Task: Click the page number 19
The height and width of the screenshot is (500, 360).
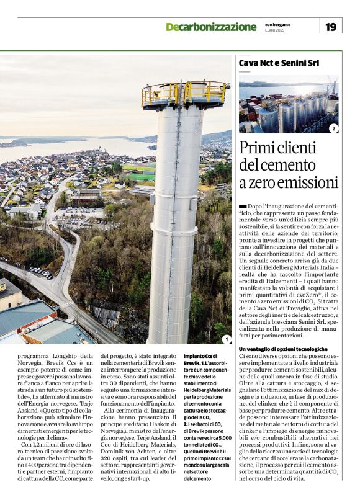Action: tap(330, 26)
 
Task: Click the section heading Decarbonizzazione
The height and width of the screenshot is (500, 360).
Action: tap(210, 27)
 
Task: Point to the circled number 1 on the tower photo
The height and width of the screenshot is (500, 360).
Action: tap(226, 339)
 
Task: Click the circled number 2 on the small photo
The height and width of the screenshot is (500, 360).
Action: tap(333, 128)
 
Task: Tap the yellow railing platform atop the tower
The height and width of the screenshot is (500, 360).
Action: tap(184, 94)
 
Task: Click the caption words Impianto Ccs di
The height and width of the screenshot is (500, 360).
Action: tap(200, 356)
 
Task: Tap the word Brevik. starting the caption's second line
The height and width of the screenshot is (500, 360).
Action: tap(193, 363)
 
